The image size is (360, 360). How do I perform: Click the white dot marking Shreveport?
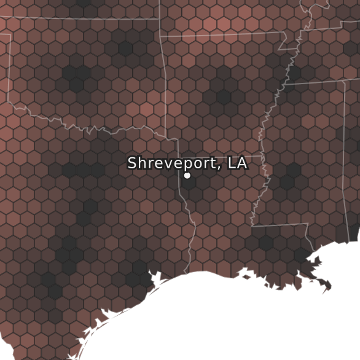tap(187, 176)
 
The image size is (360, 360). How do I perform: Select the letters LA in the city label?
tap(237, 163)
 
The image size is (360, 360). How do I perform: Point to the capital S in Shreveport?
tap(132, 163)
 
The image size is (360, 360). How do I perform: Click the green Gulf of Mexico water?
tap(246, 319)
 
